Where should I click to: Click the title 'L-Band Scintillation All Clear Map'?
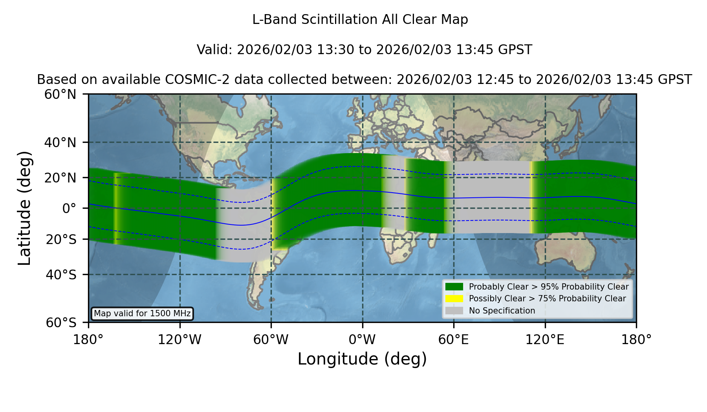pyautogui.click(x=360, y=20)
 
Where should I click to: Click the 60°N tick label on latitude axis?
pyautogui.click(x=60, y=94)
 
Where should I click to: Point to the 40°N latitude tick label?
pyautogui.click(x=60, y=142)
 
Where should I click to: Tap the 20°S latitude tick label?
pyautogui.click(x=61, y=239)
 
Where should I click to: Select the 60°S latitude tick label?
pyautogui.click(x=61, y=323)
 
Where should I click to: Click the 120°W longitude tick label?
pyautogui.click(x=179, y=339)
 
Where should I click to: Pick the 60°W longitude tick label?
pyautogui.click(x=271, y=339)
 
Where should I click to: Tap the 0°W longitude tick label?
pyautogui.click(x=362, y=339)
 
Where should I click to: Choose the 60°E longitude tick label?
pyautogui.click(x=454, y=339)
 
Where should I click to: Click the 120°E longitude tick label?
pyautogui.click(x=545, y=339)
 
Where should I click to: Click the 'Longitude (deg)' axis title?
pyautogui.click(x=362, y=359)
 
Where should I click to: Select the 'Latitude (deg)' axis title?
pyautogui.click(x=25, y=208)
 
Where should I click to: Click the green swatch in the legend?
pyautogui.click(x=454, y=286)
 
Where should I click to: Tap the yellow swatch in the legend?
pyautogui.click(x=454, y=299)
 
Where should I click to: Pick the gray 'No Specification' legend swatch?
pyautogui.click(x=454, y=311)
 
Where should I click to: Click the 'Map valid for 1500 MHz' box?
pyautogui.click(x=142, y=314)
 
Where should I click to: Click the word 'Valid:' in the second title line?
pyautogui.click(x=215, y=50)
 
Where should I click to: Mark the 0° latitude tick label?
pyautogui.click(x=69, y=208)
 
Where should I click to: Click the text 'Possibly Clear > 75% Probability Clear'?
pyautogui.click(x=547, y=299)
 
